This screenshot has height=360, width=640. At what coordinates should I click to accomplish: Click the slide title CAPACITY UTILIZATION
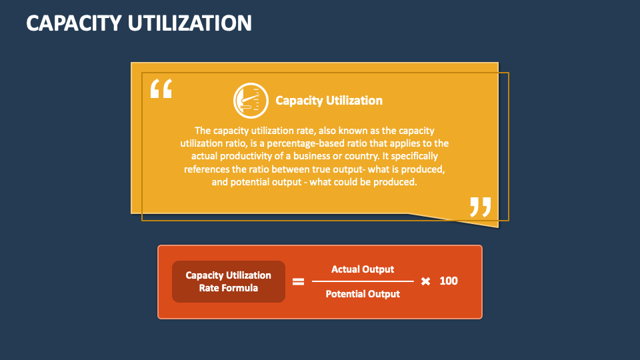click(x=139, y=23)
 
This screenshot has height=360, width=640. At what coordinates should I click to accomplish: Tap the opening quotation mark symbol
click(x=161, y=89)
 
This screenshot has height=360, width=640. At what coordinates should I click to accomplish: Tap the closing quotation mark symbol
click(x=480, y=207)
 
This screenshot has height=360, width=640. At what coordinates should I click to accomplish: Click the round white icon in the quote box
click(x=249, y=101)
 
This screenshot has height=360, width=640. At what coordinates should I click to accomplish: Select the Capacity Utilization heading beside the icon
click(x=329, y=101)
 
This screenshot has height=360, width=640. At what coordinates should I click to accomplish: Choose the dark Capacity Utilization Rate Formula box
click(x=228, y=281)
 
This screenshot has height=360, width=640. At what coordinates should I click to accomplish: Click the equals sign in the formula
click(x=299, y=281)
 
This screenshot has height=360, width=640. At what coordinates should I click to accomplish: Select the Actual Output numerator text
click(x=363, y=269)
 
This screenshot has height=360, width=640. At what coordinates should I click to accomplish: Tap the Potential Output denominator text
click(x=363, y=294)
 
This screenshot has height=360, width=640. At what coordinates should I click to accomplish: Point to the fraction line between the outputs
click(x=363, y=281)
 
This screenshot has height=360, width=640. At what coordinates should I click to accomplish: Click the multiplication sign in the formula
click(x=425, y=281)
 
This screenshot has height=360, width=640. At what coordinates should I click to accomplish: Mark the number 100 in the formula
click(x=449, y=281)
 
